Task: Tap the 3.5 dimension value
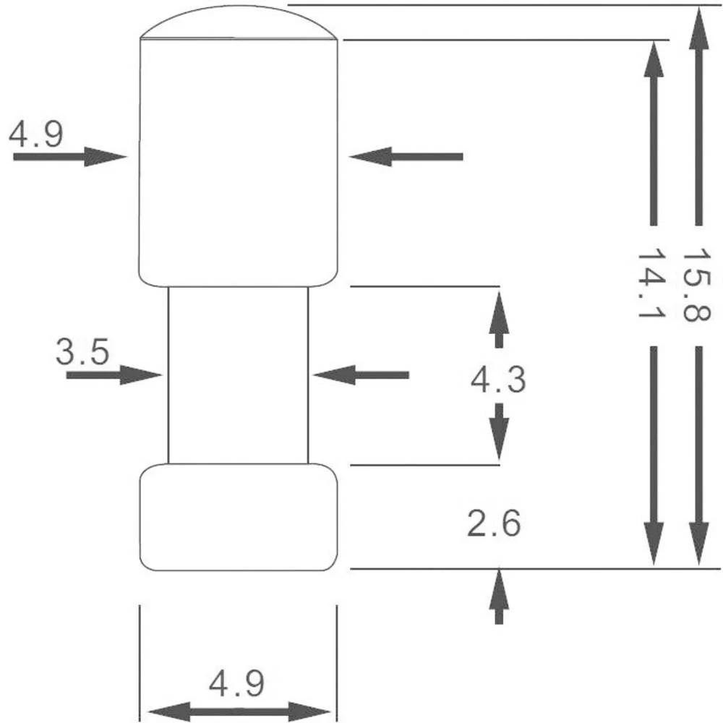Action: coord(82,353)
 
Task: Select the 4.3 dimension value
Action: coord(498,380)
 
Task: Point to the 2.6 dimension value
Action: coord(494,524)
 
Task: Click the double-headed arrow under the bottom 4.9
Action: coord(239,710)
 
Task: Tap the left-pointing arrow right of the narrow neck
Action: coord(361,375)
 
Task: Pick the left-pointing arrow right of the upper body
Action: coord(406,156)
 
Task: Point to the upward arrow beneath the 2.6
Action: coord(498,596)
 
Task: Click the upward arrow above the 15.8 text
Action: coord(698,116)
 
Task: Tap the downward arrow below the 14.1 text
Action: coord(654,455)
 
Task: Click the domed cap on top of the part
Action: coord(239,23)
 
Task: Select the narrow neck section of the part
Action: coord(238,375)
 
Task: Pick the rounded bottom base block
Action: coord(238,518)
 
